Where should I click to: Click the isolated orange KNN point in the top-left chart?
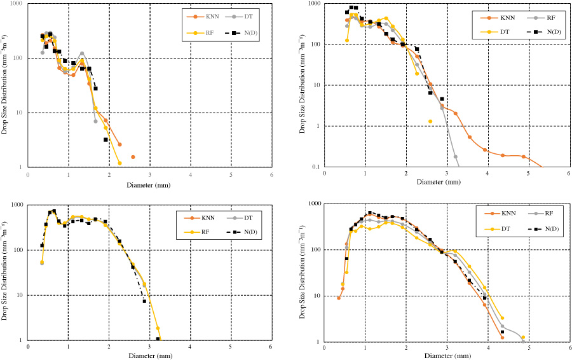(133, 156)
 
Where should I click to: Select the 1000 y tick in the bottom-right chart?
(311, 204)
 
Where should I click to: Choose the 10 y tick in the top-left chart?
(17, 113)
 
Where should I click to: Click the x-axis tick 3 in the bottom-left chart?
(149, 347)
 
